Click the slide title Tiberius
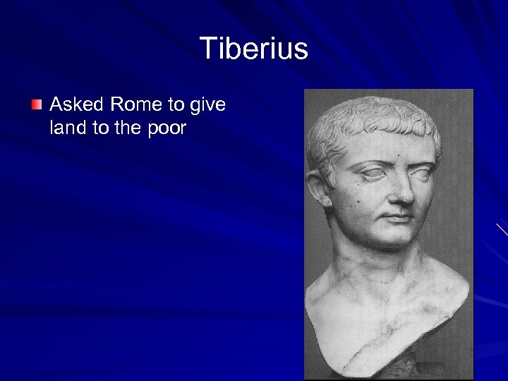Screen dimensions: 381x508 [x=254, y=49]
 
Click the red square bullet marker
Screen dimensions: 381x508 [x=37, y=105]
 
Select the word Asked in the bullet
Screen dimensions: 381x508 [x=76, y=105]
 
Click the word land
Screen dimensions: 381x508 [x=68, y=128]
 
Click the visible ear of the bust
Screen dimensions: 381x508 [x=319, y=188]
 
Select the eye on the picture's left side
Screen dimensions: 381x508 [x=373, y=171]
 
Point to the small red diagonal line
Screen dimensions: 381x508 [x=502, y=229]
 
